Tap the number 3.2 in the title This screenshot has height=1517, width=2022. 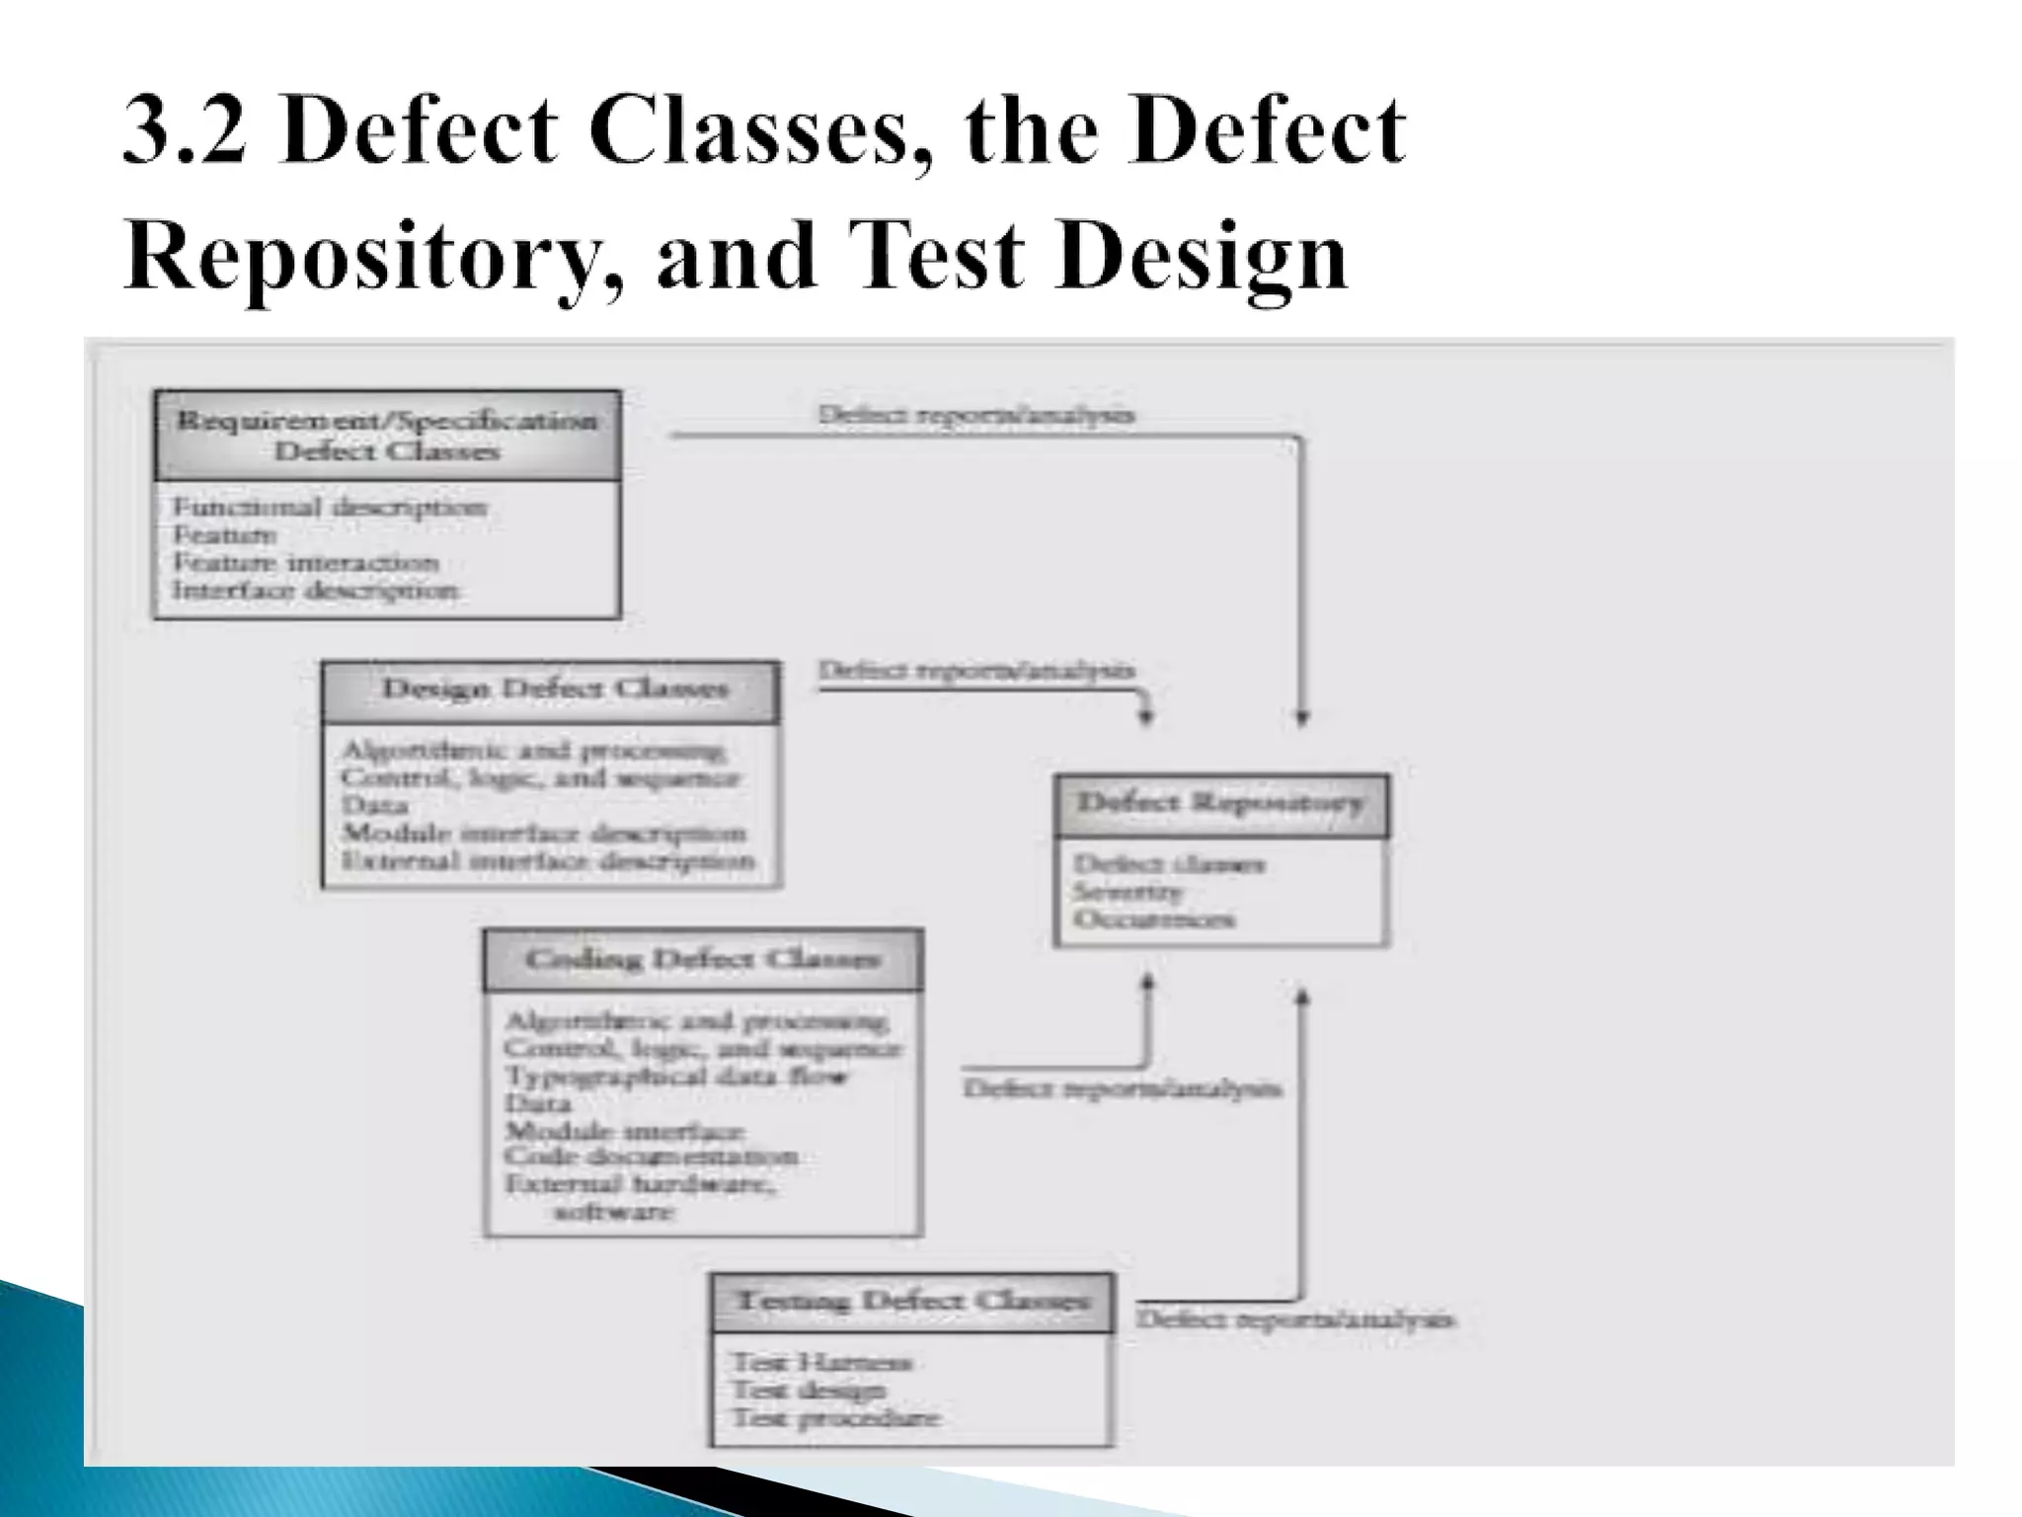185,131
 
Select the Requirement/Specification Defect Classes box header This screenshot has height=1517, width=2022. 387,436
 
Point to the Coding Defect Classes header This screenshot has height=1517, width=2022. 702,959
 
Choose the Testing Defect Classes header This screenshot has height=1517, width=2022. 912,1301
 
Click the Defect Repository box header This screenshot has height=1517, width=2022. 1220,802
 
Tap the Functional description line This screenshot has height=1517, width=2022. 329,508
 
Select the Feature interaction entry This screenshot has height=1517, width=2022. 305,563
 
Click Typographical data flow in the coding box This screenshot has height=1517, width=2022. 675,1076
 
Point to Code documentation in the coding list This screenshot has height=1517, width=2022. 651,1157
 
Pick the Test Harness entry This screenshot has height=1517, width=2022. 821,1363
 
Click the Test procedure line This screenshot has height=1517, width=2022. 835,1418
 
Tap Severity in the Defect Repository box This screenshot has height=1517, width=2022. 1128,892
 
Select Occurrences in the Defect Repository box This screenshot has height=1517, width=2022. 1153,919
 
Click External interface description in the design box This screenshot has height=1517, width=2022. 548,861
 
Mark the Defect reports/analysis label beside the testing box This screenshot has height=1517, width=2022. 1294,1319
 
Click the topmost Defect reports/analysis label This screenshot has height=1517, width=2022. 975,415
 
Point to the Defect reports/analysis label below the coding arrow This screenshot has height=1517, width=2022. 1122,1089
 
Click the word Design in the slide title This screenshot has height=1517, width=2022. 1201,256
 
